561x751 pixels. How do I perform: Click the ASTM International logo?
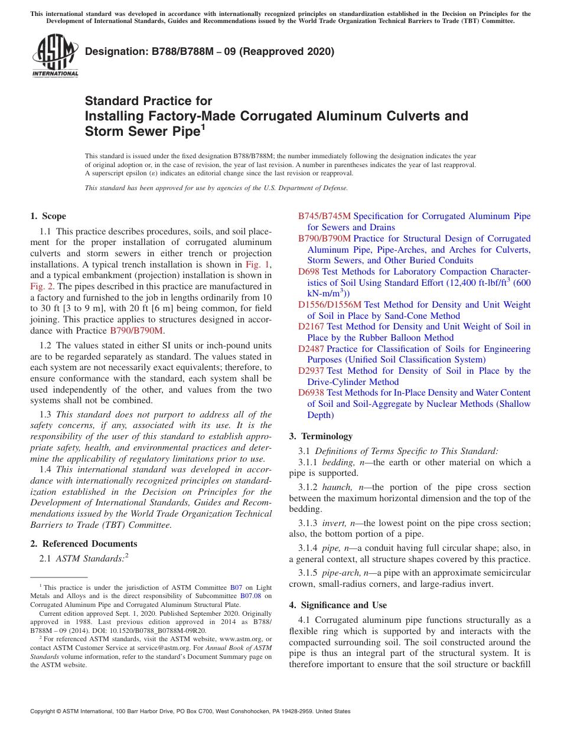pyautogui.click(x=55, y=55)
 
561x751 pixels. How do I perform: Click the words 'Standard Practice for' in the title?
pyautogui.click(x=148, y=101)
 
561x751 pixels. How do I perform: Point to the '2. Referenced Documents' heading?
pyautogui.click(x=83, y=544)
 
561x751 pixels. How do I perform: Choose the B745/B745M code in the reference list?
pyautogui.click(x=324, y=216)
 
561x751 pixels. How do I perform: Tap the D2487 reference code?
pyautogui.click(x=311, y=349)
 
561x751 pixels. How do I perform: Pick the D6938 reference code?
pyautogui.click(x=311, y=393)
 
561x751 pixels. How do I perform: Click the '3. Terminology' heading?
pyautogui.click(x=321, y=436)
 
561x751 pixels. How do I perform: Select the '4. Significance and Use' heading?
pyautogui.click(x=338, y=605)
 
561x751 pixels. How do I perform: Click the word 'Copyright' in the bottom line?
pyautogui.click(x=43, y=711)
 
